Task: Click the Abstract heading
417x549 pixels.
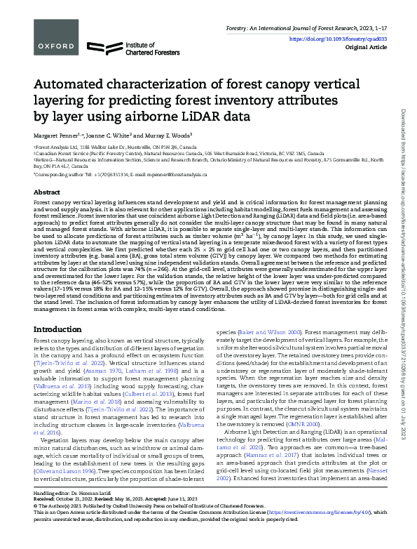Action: [47, 191]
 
